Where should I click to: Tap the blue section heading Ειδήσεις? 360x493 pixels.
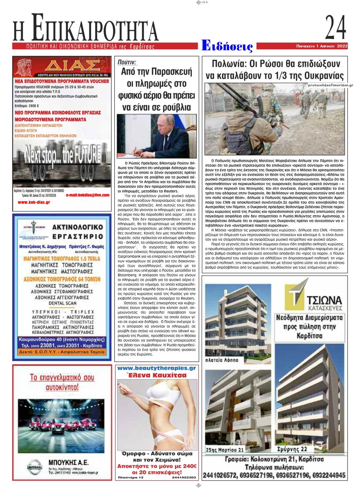point(227,46)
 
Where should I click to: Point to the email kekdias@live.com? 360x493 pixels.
point(88,195)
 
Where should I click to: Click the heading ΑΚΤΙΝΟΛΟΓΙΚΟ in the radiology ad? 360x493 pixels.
point(78,227)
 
